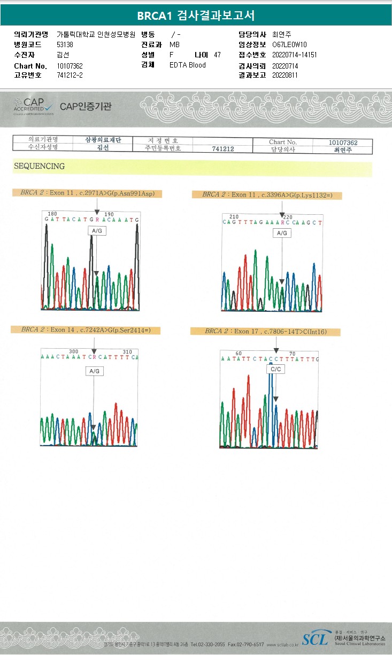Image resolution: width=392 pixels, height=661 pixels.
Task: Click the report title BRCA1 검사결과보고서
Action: [196, 16]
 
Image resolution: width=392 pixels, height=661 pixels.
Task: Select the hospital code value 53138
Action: [65, 44]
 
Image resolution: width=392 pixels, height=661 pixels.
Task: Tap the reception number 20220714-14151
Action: [294, 55]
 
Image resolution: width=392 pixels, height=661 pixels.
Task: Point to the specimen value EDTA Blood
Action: [187, 65]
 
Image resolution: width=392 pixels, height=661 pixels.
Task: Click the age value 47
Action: [217, 55]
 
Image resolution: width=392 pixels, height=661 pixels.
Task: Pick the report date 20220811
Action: [285, 75]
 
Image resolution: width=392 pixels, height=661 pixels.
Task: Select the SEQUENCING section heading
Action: [39, 166]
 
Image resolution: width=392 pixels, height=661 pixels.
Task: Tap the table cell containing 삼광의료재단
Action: [104, 140]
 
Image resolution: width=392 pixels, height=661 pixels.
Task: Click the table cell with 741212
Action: [224, 148]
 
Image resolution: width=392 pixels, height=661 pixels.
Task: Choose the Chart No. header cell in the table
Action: [283, 142]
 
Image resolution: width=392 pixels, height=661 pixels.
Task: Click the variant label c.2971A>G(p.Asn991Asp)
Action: [88, 193]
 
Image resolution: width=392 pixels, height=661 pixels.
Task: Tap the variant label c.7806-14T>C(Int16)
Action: [265, 332]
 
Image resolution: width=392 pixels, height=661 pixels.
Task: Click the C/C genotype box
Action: [276, 369]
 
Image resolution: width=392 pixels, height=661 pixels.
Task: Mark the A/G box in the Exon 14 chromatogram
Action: [95, 371]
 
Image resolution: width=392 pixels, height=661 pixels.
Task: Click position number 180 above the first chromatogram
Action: [52, 214]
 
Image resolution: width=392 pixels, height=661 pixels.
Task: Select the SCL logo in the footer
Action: [316, 639]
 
